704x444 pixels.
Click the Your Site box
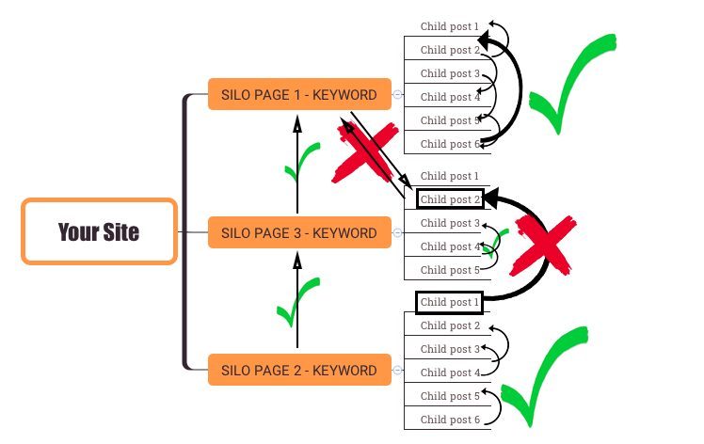tap(99, 231)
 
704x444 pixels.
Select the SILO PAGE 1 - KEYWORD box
tap(299, 94)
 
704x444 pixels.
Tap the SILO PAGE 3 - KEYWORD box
tap(299, 232)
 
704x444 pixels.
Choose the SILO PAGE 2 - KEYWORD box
tap(299, 370)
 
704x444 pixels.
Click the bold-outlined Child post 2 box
tap(450, 198)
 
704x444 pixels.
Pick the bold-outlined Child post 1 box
tap(449, 302)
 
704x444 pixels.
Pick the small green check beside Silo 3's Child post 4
tap(495, 243)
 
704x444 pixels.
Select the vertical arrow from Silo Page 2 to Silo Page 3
tap(297, 301)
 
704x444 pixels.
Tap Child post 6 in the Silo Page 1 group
tap(450, 144)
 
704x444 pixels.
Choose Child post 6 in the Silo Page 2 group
tap(450, 420)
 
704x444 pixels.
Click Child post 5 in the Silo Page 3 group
tap(450, 270)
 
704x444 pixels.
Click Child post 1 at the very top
tap(450, 26)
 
